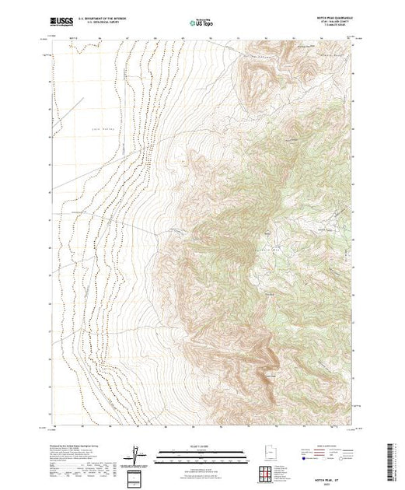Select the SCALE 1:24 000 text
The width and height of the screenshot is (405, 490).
click(201, 446)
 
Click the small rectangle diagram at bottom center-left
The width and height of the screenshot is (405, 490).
click(137, 475)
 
